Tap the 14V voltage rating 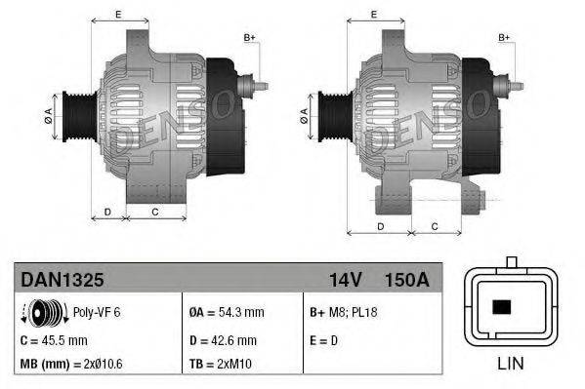coord(346,280)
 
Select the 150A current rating coord(408,280)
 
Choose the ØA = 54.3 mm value coord(226,313)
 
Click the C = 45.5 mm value coord(54,339)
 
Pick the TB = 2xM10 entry coord(222,364)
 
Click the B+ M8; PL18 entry coord(343,313)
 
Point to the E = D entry coord(323,339)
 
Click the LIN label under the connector coord(511,366)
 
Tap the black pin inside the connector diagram coord(503,307)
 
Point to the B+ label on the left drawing coord(249,38)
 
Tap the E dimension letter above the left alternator coord(118,14)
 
